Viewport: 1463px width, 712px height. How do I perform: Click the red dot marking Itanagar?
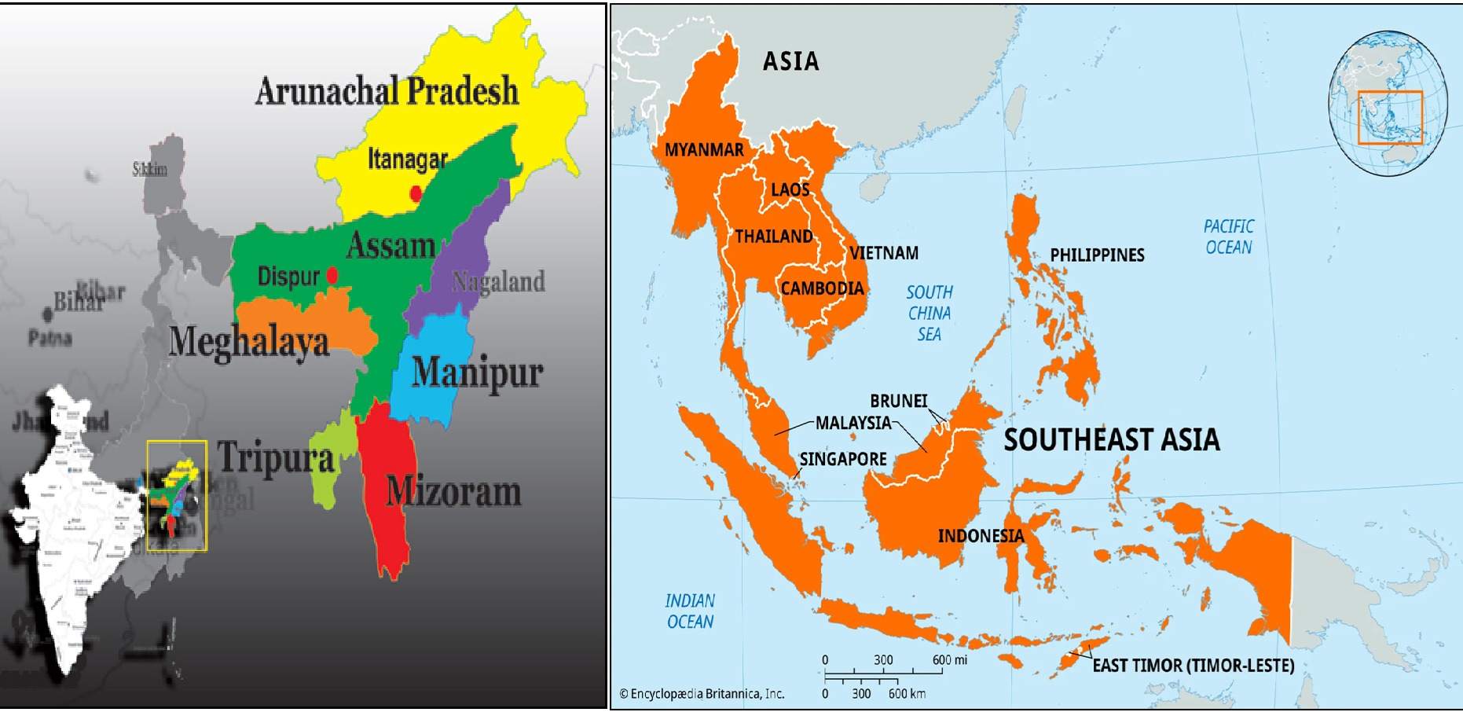coord(416,193)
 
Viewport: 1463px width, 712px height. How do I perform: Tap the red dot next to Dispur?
coord(332,275)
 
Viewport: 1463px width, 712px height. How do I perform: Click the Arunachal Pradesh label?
coord(387,91)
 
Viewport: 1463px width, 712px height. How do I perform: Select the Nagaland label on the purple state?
coord(498,281)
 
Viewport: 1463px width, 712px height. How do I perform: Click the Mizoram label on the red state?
coord(453,492)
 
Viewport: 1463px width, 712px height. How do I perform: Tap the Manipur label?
coord(478,373)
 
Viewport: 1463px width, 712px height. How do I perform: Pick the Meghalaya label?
coord(249,342)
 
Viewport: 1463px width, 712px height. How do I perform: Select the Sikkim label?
coord(149,169)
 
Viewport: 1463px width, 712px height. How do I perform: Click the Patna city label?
coord(50,339)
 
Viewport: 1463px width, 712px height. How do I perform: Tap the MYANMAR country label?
coord(703,150)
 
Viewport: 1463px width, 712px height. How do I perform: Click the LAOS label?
coord(790,189)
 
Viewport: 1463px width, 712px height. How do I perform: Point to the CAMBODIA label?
coord(822,288)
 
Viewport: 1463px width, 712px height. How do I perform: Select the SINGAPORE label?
coord(843,459)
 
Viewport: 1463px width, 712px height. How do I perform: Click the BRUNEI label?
coord(898,401)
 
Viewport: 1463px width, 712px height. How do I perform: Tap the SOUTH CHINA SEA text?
coord(929,313)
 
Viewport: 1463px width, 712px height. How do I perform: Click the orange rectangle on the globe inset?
coord(1390,117)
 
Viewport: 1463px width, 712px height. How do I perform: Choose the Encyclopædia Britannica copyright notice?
coord(702,694)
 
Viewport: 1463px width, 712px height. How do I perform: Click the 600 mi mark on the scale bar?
coord(949,660)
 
